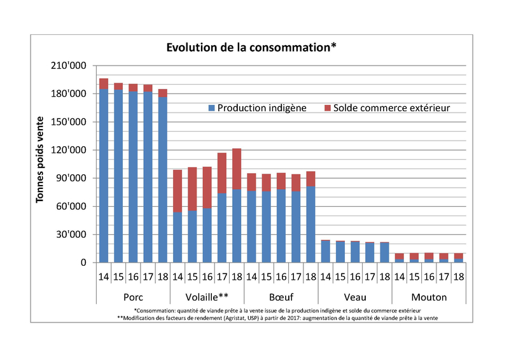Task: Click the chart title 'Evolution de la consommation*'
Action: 251,48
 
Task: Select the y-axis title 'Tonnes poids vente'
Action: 40,160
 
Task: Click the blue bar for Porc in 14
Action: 104,176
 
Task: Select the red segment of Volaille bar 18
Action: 236,169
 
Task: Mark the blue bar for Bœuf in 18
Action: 310,224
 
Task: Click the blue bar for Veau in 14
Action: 324,251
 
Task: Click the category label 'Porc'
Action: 133,297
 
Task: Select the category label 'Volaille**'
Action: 207,297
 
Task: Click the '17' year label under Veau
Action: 369,278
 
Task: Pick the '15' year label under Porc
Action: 118,278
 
